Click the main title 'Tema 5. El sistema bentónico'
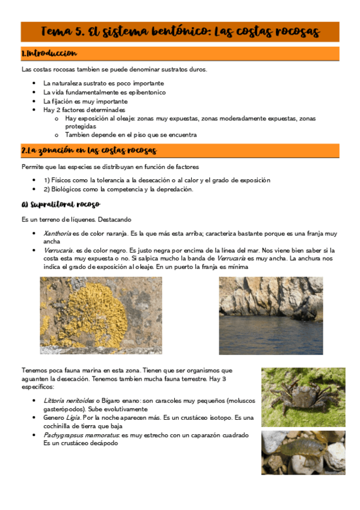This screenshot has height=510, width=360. click(x=180, y=31)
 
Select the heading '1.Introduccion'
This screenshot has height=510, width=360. click(x=49, y=54)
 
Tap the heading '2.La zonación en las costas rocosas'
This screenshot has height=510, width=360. click(x=88, y=150)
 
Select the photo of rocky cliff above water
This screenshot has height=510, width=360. click(x=270, y=315)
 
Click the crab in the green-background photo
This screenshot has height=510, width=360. click(x=302, y=394)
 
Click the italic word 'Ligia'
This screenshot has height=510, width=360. click(x=79, y=417)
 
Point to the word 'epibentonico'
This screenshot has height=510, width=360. click(x=144, y=93)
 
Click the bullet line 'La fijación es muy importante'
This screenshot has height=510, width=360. click(x=85, y=102)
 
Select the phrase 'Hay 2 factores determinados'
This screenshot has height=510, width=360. click(x=84, y=110)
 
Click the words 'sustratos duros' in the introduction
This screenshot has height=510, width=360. click(x=183, y=70)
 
